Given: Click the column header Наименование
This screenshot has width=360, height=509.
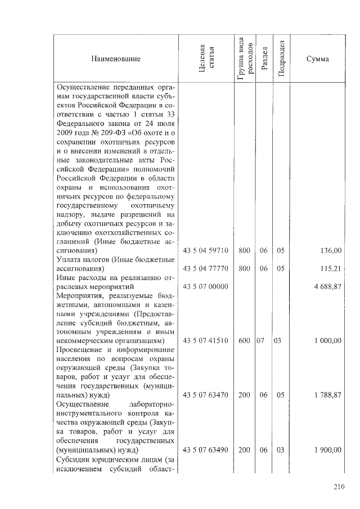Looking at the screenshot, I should (114, 59).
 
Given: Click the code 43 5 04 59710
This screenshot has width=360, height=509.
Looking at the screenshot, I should (206, 250).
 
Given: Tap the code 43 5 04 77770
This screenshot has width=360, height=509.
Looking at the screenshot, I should (206, 269).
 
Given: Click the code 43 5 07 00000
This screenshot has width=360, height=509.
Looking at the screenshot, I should (206, 287).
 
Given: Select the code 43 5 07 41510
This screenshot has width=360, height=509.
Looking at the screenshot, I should (206, 341).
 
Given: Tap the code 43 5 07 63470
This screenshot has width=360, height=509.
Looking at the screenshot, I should (206, 395).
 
